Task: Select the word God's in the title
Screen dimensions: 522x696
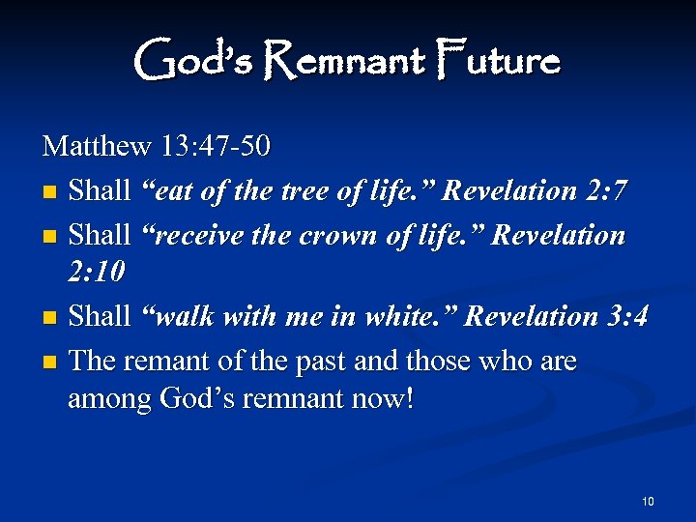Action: pyautogui.click(x=194, y=61)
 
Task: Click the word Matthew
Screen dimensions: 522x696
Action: pyautogui.click(x=97, y=147)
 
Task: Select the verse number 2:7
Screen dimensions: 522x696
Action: pyautogui.click(x=603, y=190)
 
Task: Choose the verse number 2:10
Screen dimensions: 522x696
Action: pyautogui.click(x=97, y=273)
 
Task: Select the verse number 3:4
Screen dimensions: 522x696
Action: pyautogui.click(x=624, y=316)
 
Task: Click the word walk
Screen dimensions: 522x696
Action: pyautogui.click(x=181, y=316)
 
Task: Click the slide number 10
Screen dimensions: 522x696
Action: pyautogui.click(x=647, y=500)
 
